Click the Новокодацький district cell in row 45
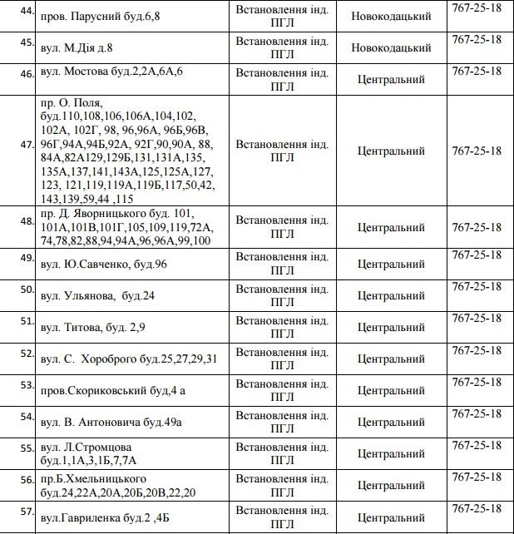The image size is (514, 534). [391, 47]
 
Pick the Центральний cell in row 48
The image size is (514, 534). [391, 227]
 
